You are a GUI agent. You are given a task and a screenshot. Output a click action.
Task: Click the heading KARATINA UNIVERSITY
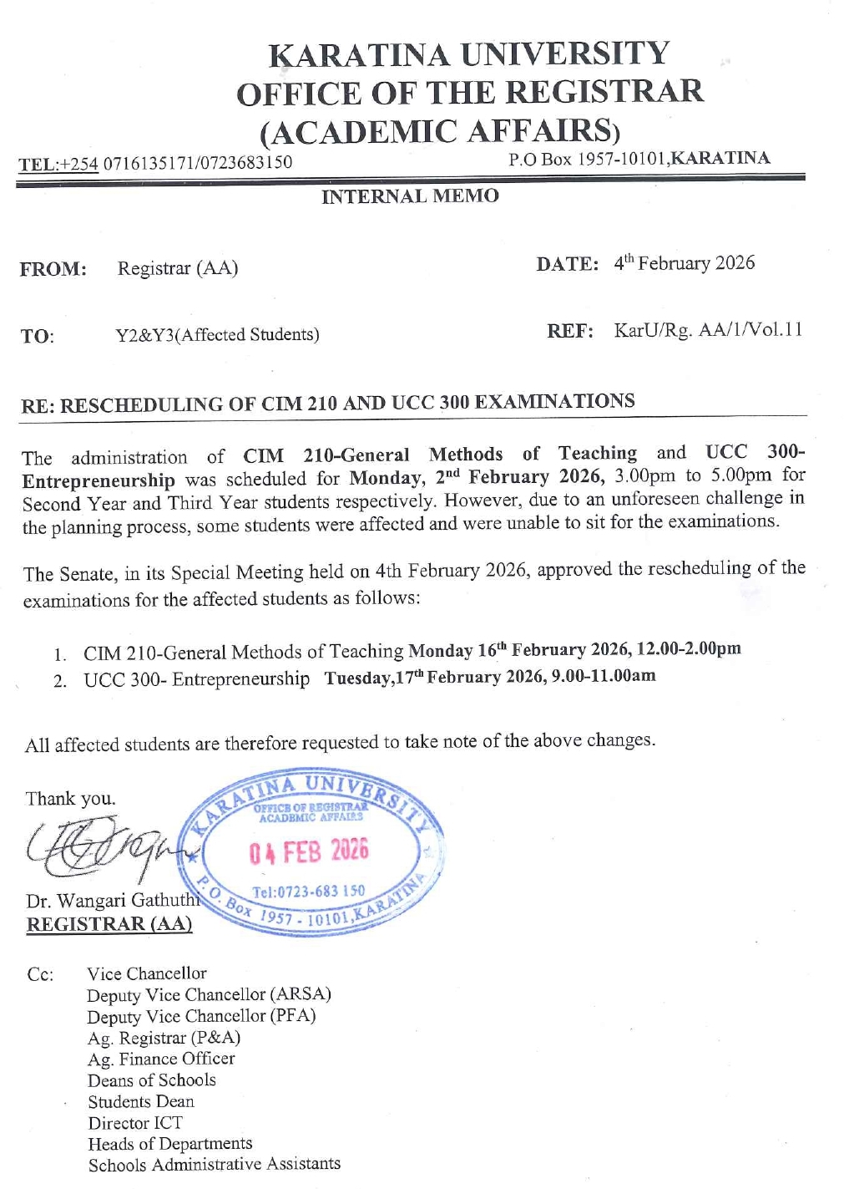click(x=468, y=54)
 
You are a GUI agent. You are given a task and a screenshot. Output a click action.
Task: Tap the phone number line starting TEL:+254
click(x=155, y=163)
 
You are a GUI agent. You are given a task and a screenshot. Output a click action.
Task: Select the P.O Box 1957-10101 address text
click(x=639, y=159)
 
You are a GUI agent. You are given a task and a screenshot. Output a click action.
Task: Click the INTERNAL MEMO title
click(x=410, y=196)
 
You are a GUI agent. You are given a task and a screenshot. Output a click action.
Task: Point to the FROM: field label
click(x=53, y=269)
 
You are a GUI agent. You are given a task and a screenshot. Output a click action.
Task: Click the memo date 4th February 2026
click(x=684, y=263)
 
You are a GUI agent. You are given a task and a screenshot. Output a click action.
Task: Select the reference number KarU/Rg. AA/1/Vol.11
click(x=708, y=330)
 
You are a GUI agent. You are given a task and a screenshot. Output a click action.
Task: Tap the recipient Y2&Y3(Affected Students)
click(x=217, y=335)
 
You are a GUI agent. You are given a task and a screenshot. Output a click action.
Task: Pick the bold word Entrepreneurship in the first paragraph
click(x=99, y=481)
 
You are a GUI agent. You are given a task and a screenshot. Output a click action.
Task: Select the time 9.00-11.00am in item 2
click(x=604, y=675)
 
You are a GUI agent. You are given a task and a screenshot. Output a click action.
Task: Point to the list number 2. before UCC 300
click(x=60, y=681)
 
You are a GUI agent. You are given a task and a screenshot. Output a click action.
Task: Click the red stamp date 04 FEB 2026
click(x=308, y=851)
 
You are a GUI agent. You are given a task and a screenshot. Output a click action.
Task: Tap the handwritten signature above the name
click(x=104, y=845)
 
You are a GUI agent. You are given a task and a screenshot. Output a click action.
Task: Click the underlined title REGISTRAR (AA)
click(x=109, y=924)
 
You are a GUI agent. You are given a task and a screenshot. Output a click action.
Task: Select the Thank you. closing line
click(x=71, y=799)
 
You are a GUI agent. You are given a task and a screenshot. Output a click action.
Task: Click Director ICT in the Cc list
click(x=135, y=1123)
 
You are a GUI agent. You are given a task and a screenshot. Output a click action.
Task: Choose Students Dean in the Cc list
click(x=141, y=1101)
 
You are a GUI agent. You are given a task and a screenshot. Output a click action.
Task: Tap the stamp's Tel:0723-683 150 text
click(x=309, y=892)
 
